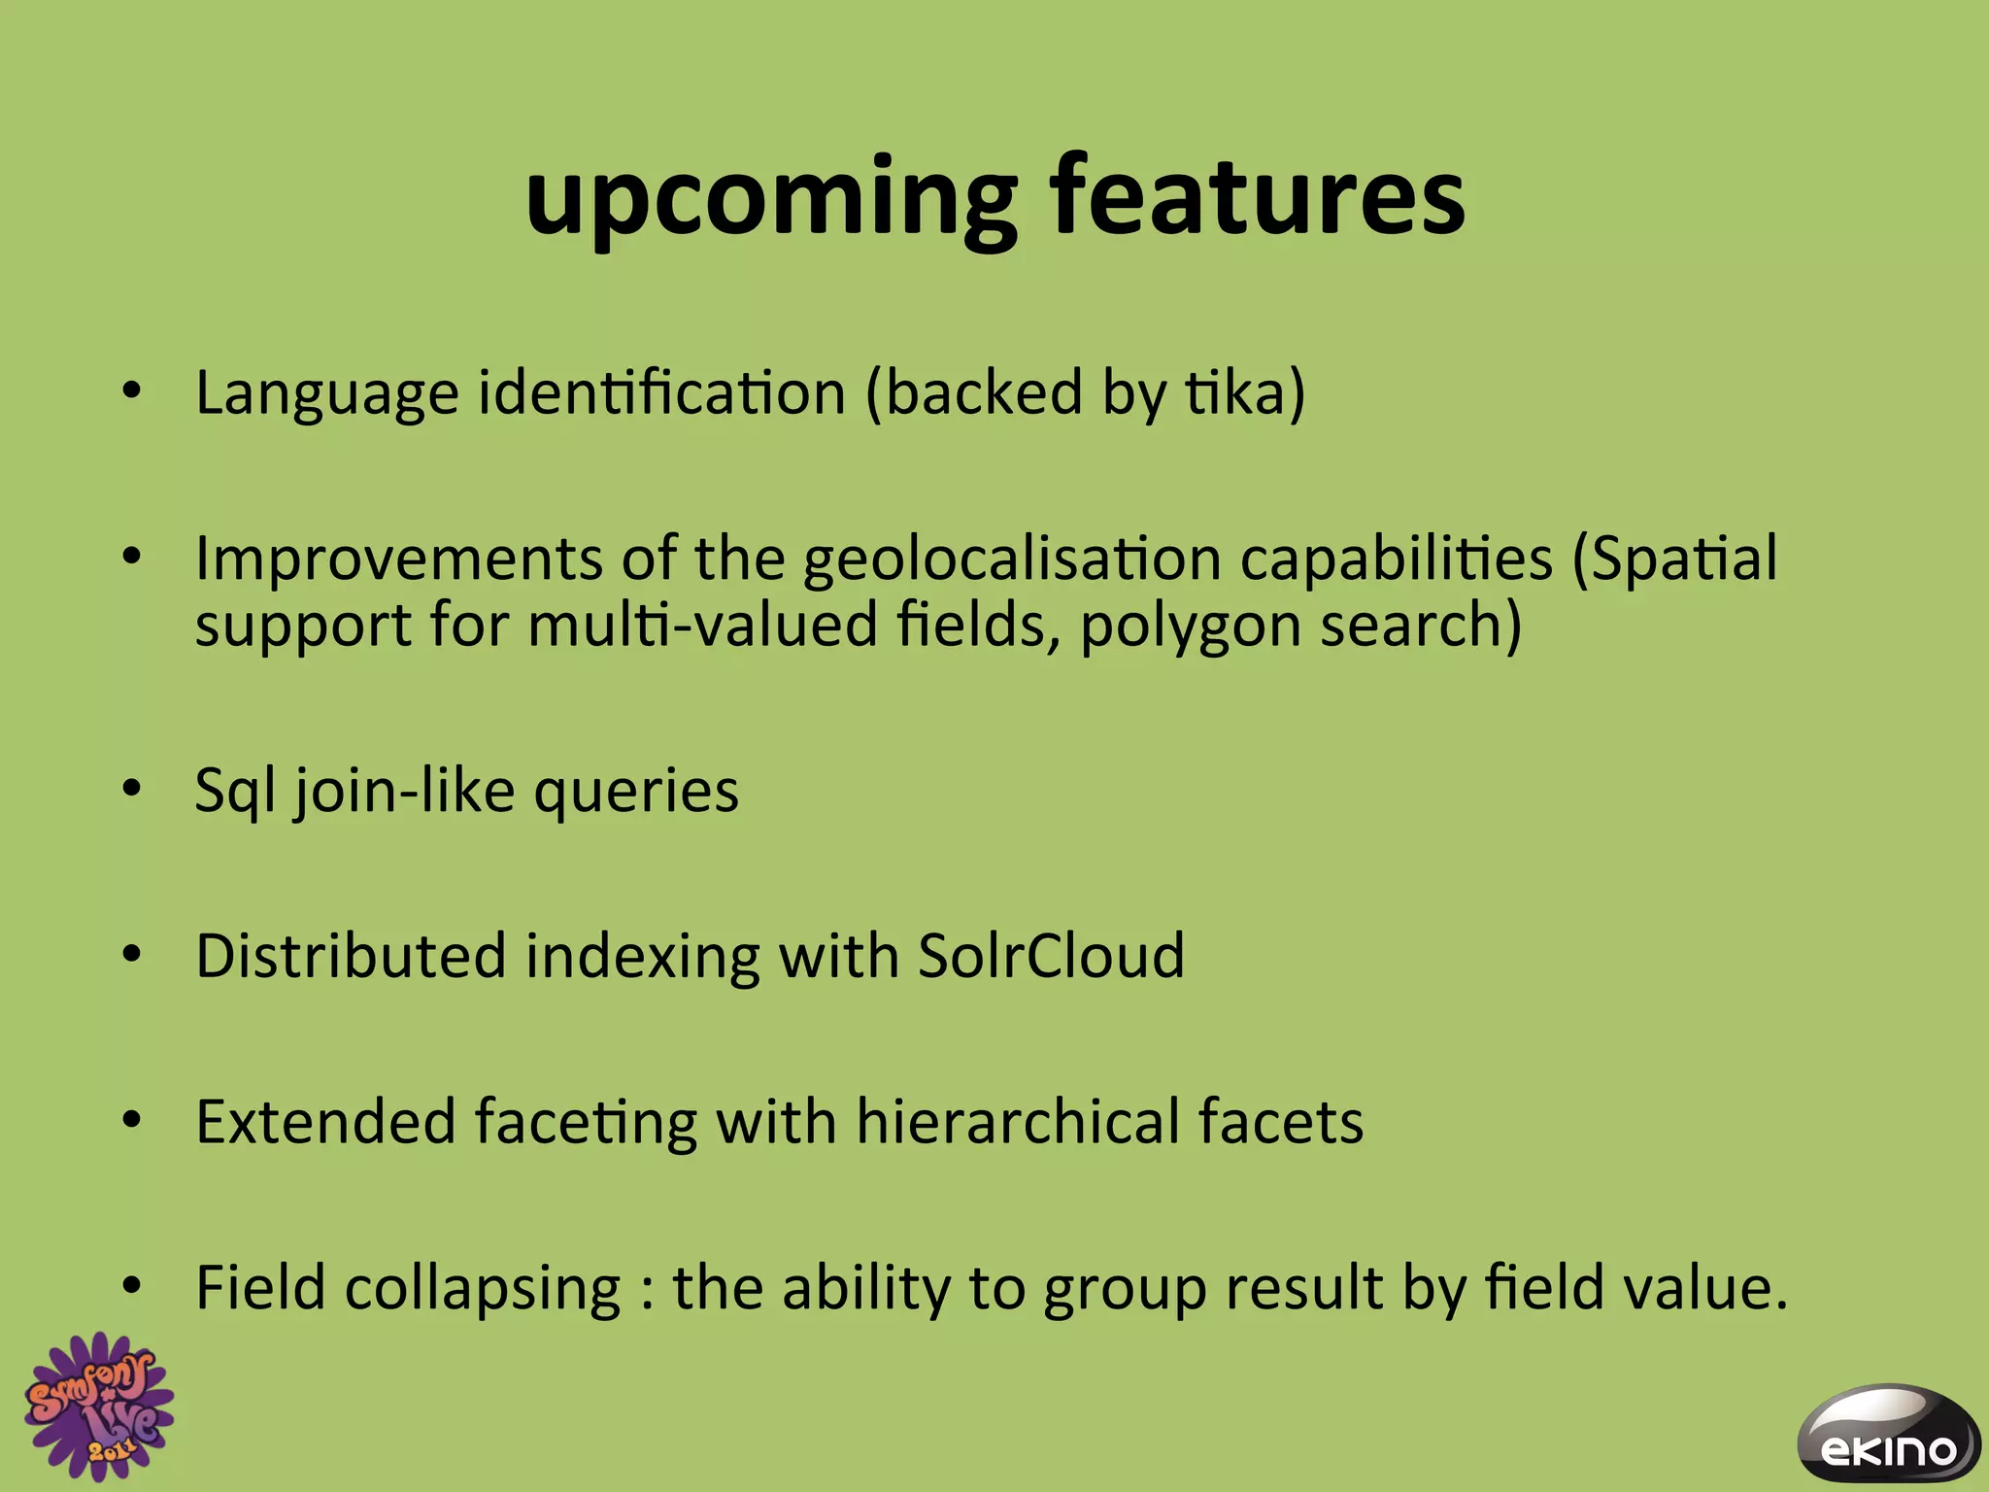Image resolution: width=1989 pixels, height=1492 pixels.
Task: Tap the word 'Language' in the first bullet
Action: tap(326, 394)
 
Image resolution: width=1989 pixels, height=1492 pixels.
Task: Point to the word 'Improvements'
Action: tap(399, 560)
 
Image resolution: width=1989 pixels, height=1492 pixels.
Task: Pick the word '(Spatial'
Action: tap(1675, 560)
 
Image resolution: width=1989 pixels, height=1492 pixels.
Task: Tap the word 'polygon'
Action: tap(1190, 627)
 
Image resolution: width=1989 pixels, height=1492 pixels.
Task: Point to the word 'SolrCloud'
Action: tap(1051, 956)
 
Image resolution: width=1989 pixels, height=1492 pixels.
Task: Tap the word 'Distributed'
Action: tap(351, 956)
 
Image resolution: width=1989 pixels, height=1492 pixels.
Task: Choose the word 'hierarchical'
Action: tap(1016, 1122)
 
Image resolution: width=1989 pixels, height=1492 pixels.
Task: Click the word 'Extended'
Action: tap(325, 1122)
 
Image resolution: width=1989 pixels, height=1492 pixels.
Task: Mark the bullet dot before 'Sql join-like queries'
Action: tap(132, 789)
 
